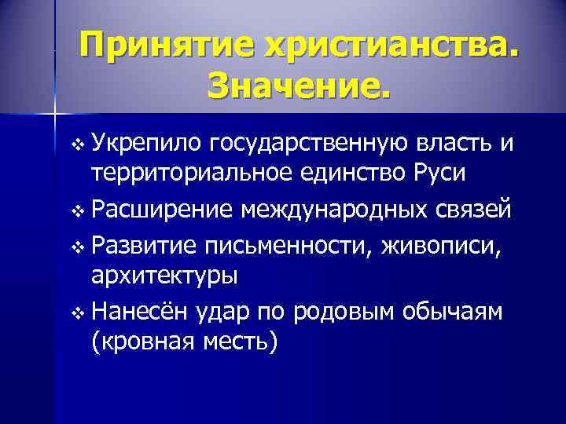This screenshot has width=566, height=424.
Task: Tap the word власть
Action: pos(460,142)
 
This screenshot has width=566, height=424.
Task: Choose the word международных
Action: pos(351,210)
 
